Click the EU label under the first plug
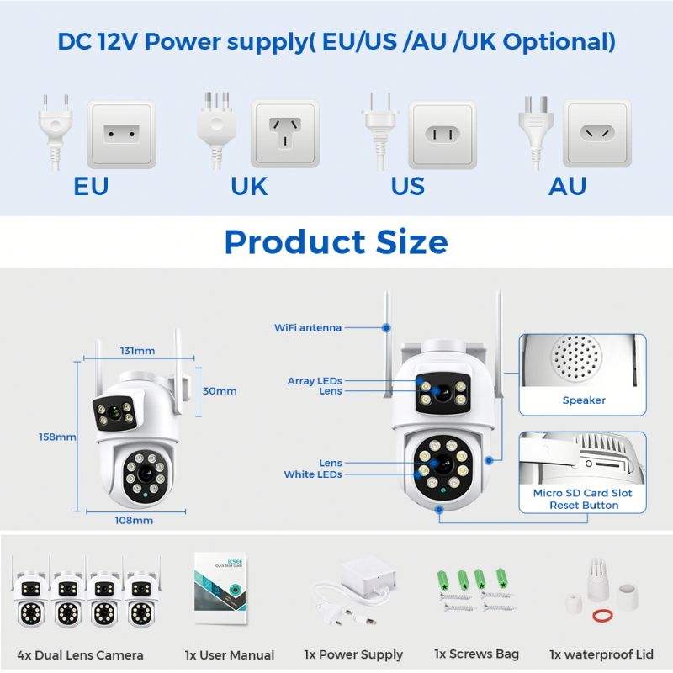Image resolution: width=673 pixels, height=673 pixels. [x=91, y=185]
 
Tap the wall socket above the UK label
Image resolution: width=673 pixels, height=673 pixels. [x=284, y=133]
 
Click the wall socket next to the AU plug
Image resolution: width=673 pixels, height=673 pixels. [x=596, y=133]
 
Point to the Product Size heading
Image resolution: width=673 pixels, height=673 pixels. [x=336, y=241]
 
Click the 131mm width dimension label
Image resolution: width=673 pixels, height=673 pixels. [x=137, y=351]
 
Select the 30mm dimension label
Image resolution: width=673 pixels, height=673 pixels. [x=220, y=390]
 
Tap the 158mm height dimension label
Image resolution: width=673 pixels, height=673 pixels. [x=57, y=437]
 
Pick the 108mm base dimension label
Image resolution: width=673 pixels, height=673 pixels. [x=135, y=520]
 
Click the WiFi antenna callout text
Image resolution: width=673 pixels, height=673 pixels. [x=308, y=327]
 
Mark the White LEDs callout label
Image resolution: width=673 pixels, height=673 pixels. [x=313, y=474]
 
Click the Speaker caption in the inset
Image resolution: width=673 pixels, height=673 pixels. [x=584, y=400]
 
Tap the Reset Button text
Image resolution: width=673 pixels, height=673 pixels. [x=584, y=505]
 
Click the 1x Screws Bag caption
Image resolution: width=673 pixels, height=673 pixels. [x=476, y=654]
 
